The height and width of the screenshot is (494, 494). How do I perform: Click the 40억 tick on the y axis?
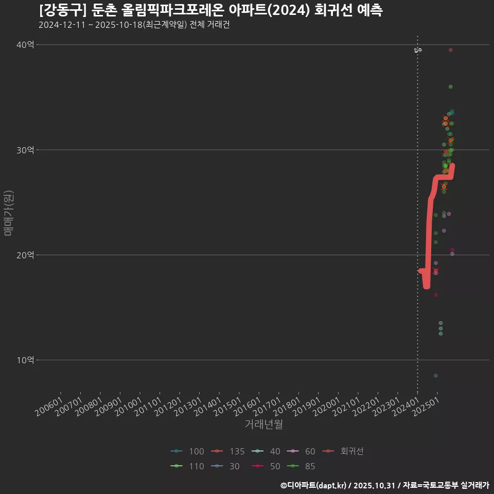(x=25, y=45)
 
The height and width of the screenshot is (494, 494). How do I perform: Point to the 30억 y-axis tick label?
(x=25, y=150)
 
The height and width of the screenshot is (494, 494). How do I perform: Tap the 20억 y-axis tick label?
(x=25, y=255)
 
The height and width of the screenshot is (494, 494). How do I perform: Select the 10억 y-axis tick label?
(x=25, y=360)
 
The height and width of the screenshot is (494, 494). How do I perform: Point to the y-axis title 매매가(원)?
(x=8, y=213)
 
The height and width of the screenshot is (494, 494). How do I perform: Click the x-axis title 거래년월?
(x=263, y=425)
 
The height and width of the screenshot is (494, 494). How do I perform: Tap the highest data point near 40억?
(x=451, y=50)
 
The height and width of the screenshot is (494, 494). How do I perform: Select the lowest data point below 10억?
(x=436, y=376)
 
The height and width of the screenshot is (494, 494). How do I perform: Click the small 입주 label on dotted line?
(x=418, y=50)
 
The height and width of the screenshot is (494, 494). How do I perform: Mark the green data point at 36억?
(x=451, y=86)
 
